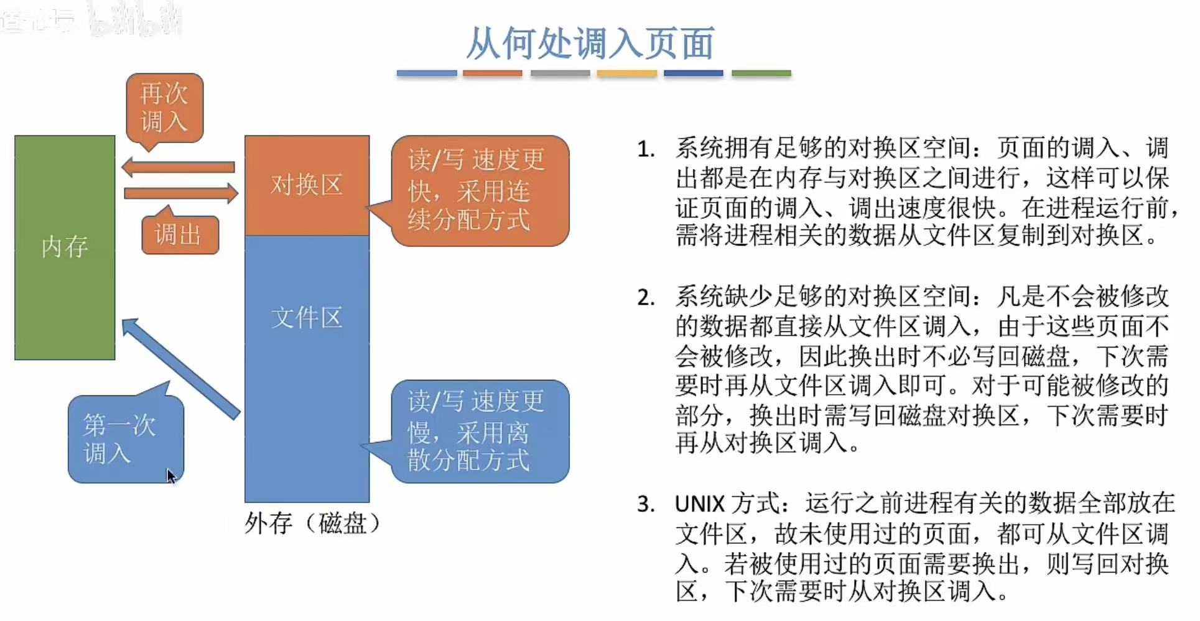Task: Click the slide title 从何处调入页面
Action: [590, 44]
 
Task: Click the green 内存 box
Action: [65, 247]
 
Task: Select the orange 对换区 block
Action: [307, 185]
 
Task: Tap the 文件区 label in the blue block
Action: [307, 318]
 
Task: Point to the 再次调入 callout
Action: [164, 108]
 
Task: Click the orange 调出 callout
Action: [180, 235]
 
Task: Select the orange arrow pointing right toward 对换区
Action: [181, 193]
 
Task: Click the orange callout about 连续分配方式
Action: [480, 190]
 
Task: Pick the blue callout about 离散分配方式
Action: [480, 431]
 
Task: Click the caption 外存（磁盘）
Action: [312, 523]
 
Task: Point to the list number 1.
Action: [646, 150]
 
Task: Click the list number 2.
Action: [646, 298]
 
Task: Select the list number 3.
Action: [646, 504]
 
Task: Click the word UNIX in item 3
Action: [700, 504]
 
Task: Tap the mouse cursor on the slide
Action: [171, 476]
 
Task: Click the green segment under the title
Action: [761, 73]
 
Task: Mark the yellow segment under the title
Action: [626, 73]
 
